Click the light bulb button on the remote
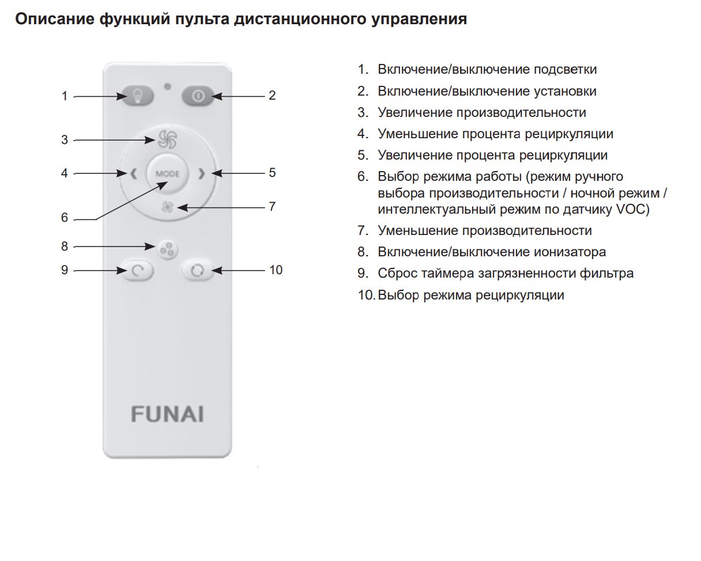coord(137,96)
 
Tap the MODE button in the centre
coord(167,173)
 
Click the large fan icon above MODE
coord(167,139)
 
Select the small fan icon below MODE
coord(167,207)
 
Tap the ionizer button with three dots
coord(167,250)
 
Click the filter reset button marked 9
coord(137,270)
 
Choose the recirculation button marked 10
coord(197,270)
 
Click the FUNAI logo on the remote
coord(167,414)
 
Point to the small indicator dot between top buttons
coord(167,86)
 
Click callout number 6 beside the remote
coord(65,217)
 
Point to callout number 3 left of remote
coord(65,139)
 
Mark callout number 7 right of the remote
coord(272,206)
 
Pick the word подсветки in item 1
coord(565,69)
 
